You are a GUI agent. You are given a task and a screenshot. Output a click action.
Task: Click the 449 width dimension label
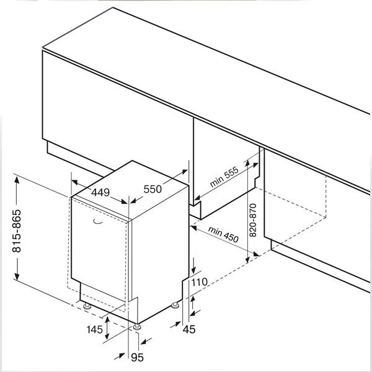tap(100, 192)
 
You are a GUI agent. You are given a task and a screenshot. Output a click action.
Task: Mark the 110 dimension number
tap(199, 283)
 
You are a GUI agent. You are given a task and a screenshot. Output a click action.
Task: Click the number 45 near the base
tap(190, 329)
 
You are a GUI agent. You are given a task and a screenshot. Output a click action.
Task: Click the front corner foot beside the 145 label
tap(135, 326)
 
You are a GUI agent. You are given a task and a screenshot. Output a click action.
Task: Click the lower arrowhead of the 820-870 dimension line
tap(247, 257)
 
